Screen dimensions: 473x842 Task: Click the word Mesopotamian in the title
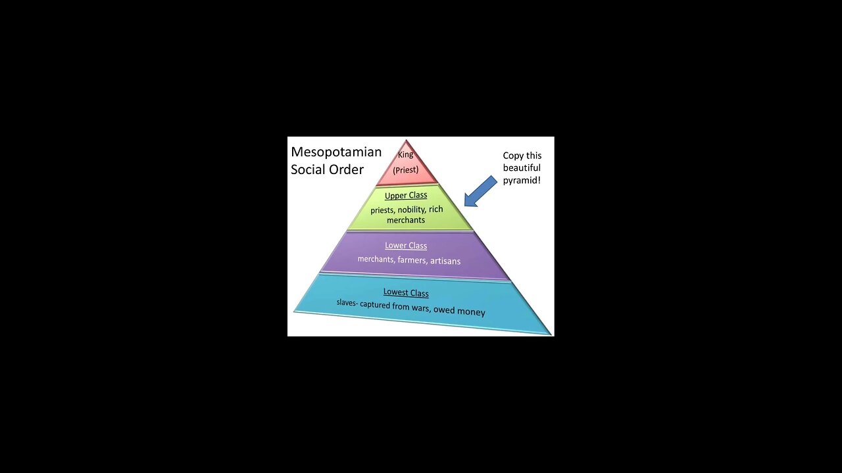[336, 152]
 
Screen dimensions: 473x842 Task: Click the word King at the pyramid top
[406, 155]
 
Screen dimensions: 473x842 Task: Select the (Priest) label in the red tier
[406, 170]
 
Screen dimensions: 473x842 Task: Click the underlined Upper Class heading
[406, 195]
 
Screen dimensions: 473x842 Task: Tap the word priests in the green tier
[382, 210]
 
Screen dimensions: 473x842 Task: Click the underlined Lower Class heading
[406, 246]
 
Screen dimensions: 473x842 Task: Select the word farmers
[412, 260]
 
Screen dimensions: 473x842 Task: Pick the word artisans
[445, 261]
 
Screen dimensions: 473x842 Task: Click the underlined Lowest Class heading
[406, 293]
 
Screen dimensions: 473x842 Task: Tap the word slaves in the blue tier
[346, 302]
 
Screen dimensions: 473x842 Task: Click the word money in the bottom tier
[471, 312]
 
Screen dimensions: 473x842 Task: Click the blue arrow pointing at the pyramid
[481, 191]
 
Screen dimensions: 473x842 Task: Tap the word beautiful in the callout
[522, 168]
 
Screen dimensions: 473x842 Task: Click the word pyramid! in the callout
[522, 180]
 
